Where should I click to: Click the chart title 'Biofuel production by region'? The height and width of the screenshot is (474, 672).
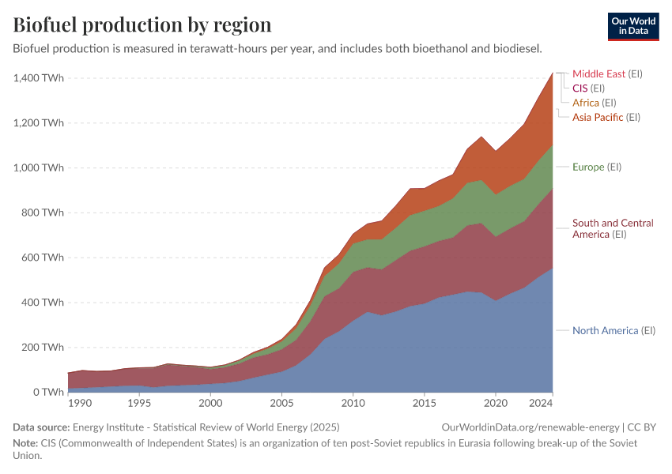142,24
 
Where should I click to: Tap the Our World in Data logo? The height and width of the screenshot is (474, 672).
632,26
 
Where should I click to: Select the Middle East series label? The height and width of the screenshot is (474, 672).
598,73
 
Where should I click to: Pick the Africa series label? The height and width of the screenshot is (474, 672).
586,103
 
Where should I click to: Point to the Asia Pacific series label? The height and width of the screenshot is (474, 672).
598,117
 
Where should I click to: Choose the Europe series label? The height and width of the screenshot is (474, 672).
588,167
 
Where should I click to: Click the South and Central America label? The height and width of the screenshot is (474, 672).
613,228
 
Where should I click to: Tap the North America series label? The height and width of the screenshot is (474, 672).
605,330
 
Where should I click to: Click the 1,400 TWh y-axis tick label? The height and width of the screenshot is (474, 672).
38,78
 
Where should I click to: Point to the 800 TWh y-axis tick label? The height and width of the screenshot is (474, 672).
43,213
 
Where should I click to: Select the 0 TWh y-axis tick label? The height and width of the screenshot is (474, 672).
48,392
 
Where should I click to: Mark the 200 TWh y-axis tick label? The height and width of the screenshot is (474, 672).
43,347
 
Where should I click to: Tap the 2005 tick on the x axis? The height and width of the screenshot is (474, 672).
281,404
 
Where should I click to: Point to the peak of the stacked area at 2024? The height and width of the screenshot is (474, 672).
552,73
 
